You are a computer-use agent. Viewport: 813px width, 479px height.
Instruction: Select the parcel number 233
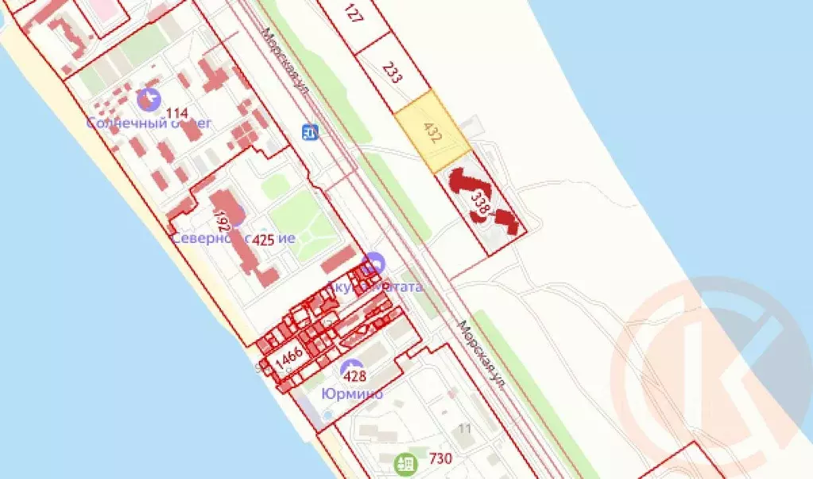pyautogui.click(x=392, y=73)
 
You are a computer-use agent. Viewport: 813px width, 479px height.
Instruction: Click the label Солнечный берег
pyautogui.click(x=149, y=123)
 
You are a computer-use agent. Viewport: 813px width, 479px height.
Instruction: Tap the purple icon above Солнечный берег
pyautogui.click(x=147, y=100)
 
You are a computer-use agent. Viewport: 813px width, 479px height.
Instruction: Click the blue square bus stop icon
pyautogui.click(x=310, y=131)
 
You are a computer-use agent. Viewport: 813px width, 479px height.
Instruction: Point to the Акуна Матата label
pyautogui.click(x=374, y=286)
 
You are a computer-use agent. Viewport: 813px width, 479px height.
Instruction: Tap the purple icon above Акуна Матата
pyautogui.click(x=374, y=263)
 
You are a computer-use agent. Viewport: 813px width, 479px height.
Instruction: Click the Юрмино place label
pyautogui.click(x=351, y=393)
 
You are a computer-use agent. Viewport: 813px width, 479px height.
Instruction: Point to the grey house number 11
pyautogui.click(x=465, y=430)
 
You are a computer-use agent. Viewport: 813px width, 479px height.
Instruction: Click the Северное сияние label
pyautogui.click(x=234, y=238)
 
